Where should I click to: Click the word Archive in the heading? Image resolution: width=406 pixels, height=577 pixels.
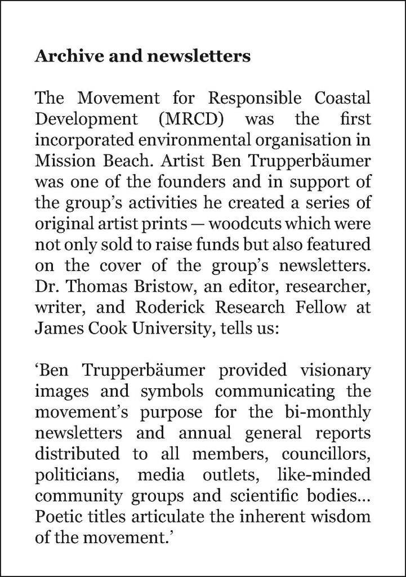(62, 57)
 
